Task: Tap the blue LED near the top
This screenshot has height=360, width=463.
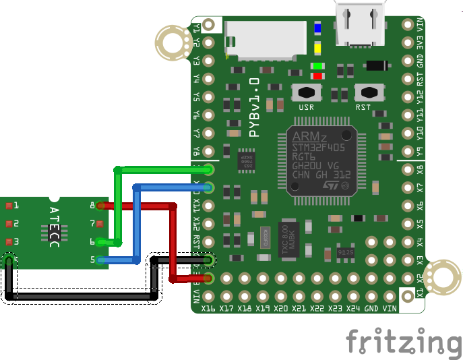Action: pos(317,28)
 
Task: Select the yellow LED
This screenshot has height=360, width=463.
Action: pos(317,48)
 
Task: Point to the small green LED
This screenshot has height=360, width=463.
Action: pos(317,66)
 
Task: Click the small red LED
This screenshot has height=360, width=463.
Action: pos(317,76)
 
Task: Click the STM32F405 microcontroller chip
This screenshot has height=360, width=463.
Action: pos(321,160)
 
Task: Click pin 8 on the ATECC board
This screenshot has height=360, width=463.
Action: pos(100,205)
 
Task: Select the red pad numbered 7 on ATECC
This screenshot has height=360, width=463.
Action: pos(100,223)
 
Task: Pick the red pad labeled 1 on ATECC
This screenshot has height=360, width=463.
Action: pos(9,205)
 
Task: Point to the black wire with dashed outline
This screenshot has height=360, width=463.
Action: pos(81,296)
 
